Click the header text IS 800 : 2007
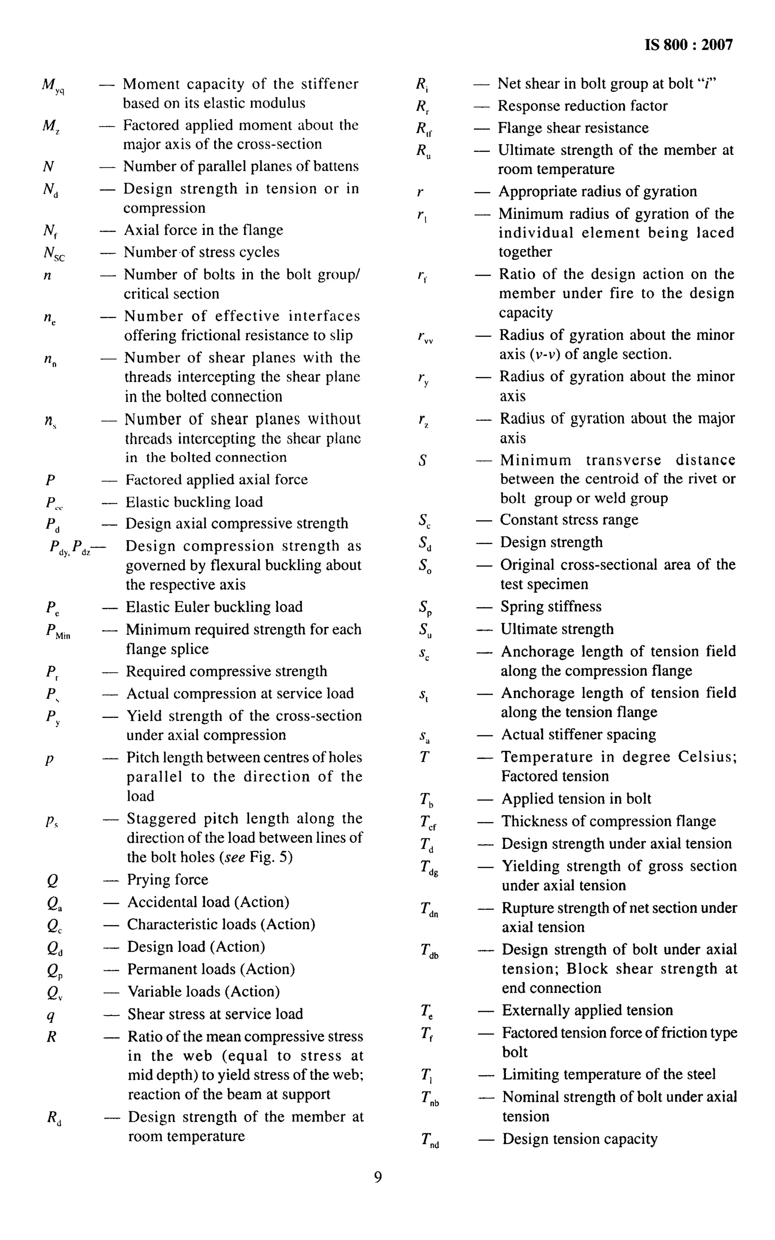click(x=688, y=45)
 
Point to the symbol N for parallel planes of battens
click(x=49, y=167)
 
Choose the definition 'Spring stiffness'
click(x=551, y=607)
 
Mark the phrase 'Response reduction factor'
click(x=583, y=106)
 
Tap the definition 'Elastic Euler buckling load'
click(x=214, y=607)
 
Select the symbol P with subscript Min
click(x=58, y=631)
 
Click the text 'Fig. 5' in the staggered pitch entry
click(x=271, y=858)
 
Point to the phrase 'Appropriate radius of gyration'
click(x=598, y=192)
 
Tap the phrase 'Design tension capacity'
click(x=580, y=1139)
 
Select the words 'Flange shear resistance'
click(x=573, y=128)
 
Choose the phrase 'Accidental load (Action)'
click(x=208, y=902)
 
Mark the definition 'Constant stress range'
click(x=569, y=520)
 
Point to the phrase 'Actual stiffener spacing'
click(x=579, y=735)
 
